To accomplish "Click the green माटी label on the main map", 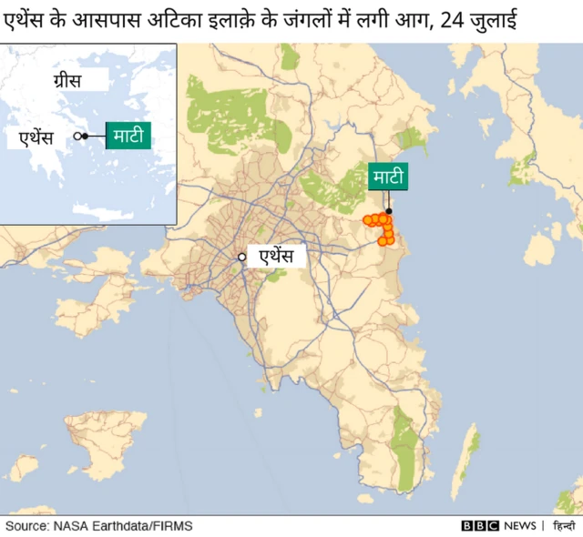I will pos(387,177).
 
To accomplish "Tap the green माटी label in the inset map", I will pos(128,136).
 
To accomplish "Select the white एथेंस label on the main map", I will pos(275,257).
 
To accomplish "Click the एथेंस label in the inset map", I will pos(36,137).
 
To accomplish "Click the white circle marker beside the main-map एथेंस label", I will pos(242,257).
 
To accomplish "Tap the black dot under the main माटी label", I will pos(388,211).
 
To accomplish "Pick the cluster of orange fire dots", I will pos(381,228).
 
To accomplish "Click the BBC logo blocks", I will pos(480,526).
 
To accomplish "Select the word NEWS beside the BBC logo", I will pos(519,526).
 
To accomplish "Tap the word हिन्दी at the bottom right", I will pos(564,526).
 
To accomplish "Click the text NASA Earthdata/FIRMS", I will pos(122,526).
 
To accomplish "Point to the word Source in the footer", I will pos(26,526).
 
